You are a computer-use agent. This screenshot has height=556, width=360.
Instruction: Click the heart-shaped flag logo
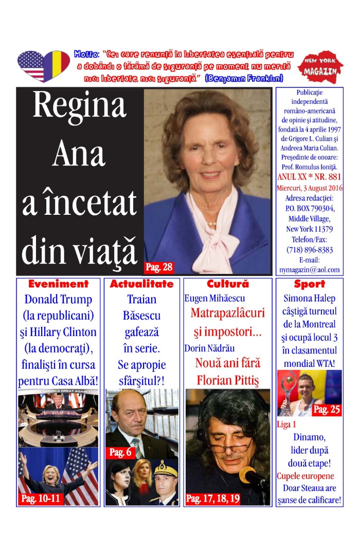pyautogui.click(x=43, y=66)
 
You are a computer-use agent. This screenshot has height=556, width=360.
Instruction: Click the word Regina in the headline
pyautogui.click(x=79, y=106)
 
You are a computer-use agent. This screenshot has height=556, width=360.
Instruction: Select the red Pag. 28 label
pyautogui.click(x=159, y=267)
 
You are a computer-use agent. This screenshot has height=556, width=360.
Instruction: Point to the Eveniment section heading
pyautogui.click(x=58, y=284)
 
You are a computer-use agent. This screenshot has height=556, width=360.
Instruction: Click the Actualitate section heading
pyautogui.click(x=141, y=284)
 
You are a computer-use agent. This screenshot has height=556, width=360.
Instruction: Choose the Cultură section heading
pyautogui.click(x=227, y=284)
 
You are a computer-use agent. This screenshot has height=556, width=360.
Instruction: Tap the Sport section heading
pyautogui.click(x=309, y=284)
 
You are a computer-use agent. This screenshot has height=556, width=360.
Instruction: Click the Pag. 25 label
pyautogui.click(x=327, y=410)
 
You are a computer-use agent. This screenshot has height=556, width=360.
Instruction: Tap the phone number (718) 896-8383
pyautogui.click(x=309, y=250)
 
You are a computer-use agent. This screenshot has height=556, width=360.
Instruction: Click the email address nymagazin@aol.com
pyautogui.click(x=309, y=269)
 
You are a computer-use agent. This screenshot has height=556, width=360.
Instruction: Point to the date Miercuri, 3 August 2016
pyautogui.click(x=309, y=188)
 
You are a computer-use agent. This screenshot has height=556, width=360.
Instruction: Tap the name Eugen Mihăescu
pyautogui.click(x=214, y=298)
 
